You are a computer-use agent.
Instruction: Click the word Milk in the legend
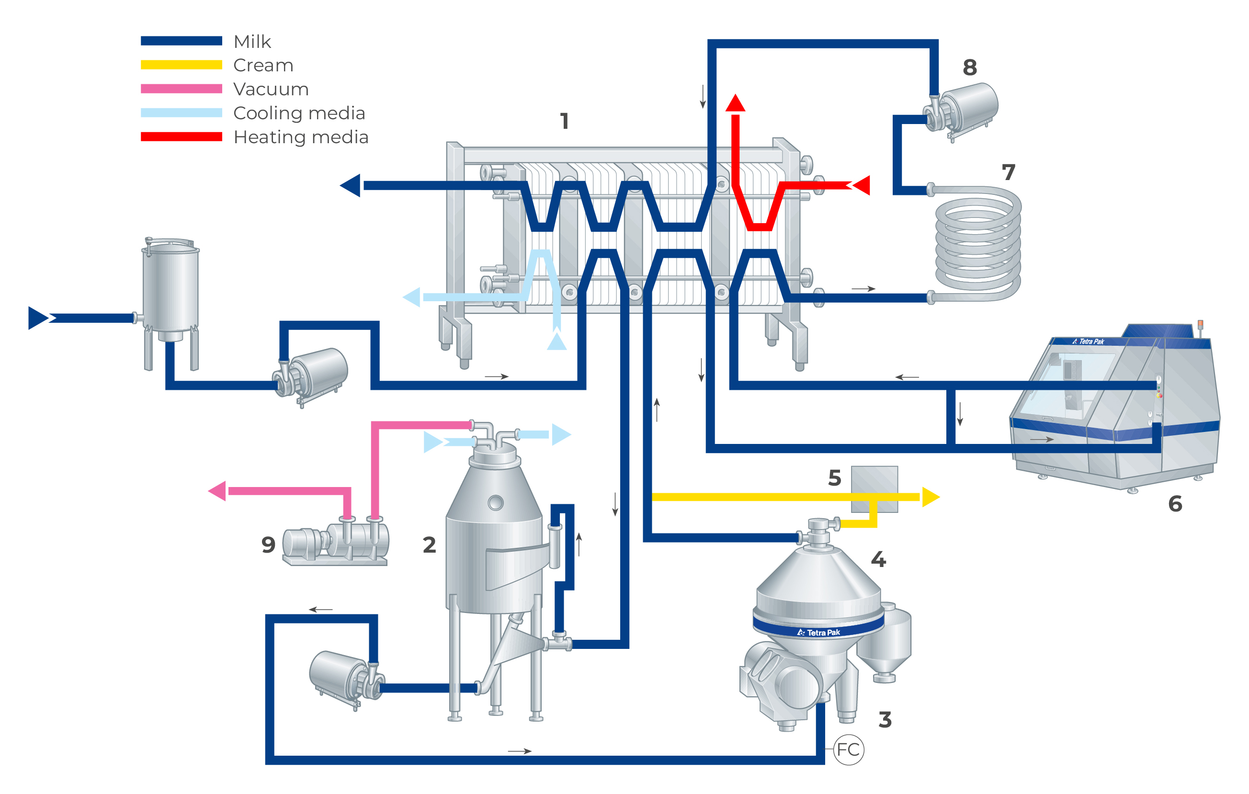click(252, 42)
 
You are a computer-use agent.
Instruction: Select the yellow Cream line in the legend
click(181, 65)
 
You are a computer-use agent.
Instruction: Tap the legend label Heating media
click(301, 137)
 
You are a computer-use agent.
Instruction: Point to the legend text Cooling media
click(299, 113)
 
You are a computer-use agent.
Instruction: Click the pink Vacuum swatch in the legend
click(181, 89)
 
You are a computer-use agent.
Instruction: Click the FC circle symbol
click(848, 749)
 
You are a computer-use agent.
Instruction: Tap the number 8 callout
click(969, 68)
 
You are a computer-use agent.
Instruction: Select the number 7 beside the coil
click(1008, 172)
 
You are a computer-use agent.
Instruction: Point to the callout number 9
click(268, 544)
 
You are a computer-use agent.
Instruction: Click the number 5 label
click(834, 477)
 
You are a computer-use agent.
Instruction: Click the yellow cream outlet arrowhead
click(931, 497)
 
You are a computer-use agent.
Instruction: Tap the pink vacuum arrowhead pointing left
click(217, 490)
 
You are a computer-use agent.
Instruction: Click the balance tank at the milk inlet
click(170, 290)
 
